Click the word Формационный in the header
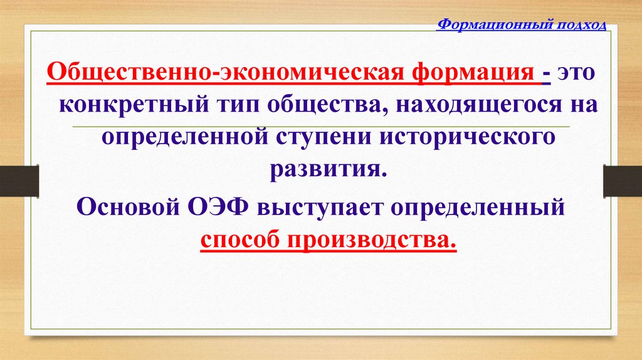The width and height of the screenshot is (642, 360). click(492, 24)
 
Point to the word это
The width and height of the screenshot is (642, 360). click(574, 75)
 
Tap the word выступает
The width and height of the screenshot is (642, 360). click(322, 208)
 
